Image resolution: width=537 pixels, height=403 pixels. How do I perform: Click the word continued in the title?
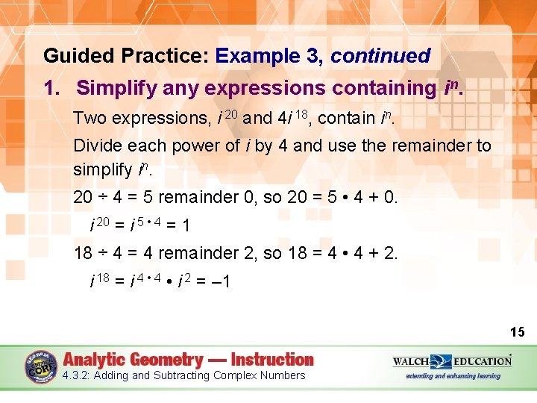click(x=380, y=56)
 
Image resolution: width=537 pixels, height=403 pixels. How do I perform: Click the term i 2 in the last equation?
click(x=184, y=281)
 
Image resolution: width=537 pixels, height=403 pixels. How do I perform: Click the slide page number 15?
click(x=517, y=331)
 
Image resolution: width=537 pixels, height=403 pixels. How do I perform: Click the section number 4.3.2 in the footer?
click(x=77, y=375)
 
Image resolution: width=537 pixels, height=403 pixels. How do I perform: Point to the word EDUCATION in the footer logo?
click(x=480, y=361)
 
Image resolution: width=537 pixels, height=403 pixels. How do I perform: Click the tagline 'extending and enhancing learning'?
click(x=453, y=375)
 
